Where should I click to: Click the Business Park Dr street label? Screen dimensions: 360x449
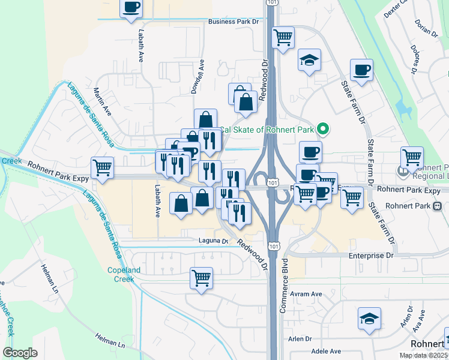tap(233, 22)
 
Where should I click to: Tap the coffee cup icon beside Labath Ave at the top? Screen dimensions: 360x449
tap(131, 8)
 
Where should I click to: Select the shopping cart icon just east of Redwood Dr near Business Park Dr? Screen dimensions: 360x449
tap(283, 38)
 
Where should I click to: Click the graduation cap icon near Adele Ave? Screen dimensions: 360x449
tap(369, 319)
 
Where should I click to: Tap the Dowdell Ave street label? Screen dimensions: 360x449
tap(197, 76)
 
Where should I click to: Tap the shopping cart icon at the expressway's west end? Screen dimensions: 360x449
tap(102, 167)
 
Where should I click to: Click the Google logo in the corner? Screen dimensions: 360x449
tap(20, 352)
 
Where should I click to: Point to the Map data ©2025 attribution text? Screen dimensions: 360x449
tap(423, 355)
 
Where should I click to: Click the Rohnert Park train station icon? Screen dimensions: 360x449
tap(437, 205)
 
